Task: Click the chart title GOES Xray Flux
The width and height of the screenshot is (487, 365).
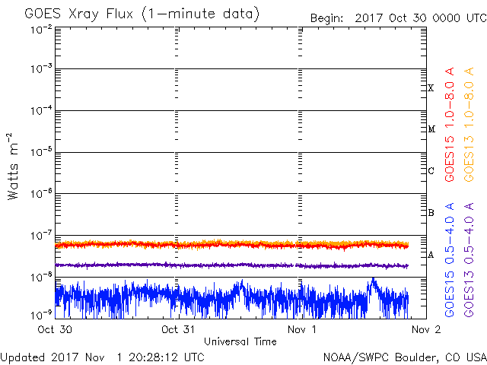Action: [x=79, y=14]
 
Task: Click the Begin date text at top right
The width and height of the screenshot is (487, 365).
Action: [x=399, y=18]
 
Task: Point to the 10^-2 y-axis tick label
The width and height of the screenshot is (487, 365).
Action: [x=41, y=30]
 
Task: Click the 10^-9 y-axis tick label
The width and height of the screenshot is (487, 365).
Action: [x=41, y=315]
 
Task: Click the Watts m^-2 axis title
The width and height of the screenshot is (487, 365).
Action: [x=13, y=167]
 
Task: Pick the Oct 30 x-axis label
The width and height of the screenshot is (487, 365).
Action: [x=55, y=329]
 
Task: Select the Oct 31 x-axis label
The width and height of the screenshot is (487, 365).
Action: [x=178, y=329]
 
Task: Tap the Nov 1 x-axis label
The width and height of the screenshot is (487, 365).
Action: [x=301, y=329]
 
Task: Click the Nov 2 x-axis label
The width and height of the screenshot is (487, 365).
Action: [x=426, y=329]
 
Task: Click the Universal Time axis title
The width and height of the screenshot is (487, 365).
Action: [x=240, y=341]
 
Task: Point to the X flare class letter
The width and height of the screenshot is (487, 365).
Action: [x=431, y=88]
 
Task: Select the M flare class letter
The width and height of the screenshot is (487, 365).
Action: [x=431, y=129]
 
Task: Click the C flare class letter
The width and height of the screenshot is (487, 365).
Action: [x=431, y=170]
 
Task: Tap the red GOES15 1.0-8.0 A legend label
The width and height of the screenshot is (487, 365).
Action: [x=450, y=124]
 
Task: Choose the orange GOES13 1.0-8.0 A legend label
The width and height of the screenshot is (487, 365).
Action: [x=469, y=124]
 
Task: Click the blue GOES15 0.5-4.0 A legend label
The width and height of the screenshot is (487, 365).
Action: [x=450, y=260]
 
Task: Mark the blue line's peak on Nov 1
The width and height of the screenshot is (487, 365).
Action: [x=373, y=278]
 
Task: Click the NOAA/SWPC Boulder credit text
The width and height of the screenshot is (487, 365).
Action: [x=405, y=357]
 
